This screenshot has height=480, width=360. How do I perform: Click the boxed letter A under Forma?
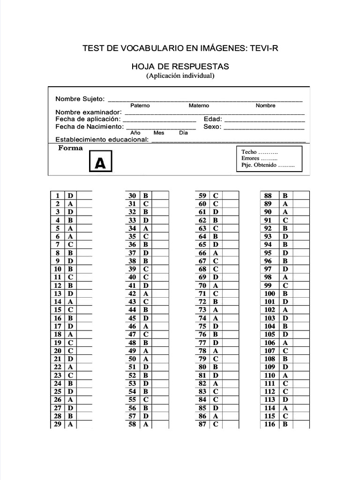point(101,162)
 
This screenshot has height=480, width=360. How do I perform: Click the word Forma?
point(70,148)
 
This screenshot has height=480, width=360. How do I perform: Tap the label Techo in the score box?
point(249,152)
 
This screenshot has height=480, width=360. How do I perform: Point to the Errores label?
point(250,159)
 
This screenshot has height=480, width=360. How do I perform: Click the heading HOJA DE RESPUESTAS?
point(180,67)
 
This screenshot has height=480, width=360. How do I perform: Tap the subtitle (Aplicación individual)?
point(180,75)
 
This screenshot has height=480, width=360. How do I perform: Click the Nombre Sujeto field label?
point(80,99)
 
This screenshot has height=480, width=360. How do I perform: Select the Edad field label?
point(213,119)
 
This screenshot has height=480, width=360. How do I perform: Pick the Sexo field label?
point(212,127)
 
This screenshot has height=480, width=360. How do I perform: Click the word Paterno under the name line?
point(140,105)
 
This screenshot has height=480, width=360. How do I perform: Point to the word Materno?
point(199,105)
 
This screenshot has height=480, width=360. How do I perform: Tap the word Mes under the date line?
point(159,133)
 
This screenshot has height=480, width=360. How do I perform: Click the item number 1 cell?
point(57,195)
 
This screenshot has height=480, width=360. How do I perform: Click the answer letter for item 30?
point(146,195)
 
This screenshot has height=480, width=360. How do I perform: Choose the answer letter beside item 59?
point(216,195)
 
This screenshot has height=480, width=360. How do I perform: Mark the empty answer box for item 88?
point(301,195)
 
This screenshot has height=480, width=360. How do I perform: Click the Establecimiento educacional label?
point(102,140)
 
